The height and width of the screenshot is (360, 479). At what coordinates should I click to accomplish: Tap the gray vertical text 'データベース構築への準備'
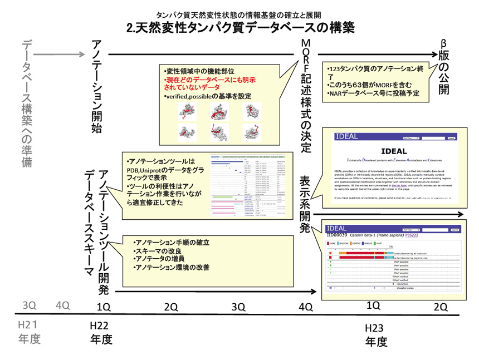point(27,103)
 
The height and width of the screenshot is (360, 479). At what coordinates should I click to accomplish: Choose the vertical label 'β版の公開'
point(443,67)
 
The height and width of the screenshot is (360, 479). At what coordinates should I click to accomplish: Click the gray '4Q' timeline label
point(62,305)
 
